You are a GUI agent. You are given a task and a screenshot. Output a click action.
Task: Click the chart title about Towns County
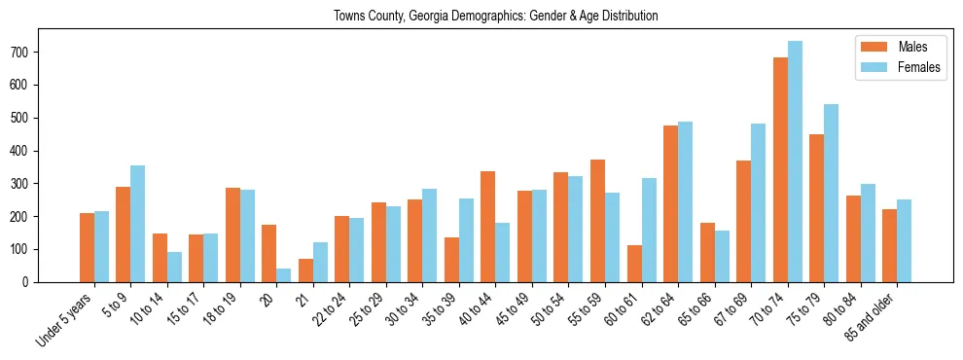click(496, 16)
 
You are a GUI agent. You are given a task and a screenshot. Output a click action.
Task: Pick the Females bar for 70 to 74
click(795, 162)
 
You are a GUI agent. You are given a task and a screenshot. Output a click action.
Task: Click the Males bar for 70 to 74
click(780, 170)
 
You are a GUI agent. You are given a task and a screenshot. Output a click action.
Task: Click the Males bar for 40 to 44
click(488, 227)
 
